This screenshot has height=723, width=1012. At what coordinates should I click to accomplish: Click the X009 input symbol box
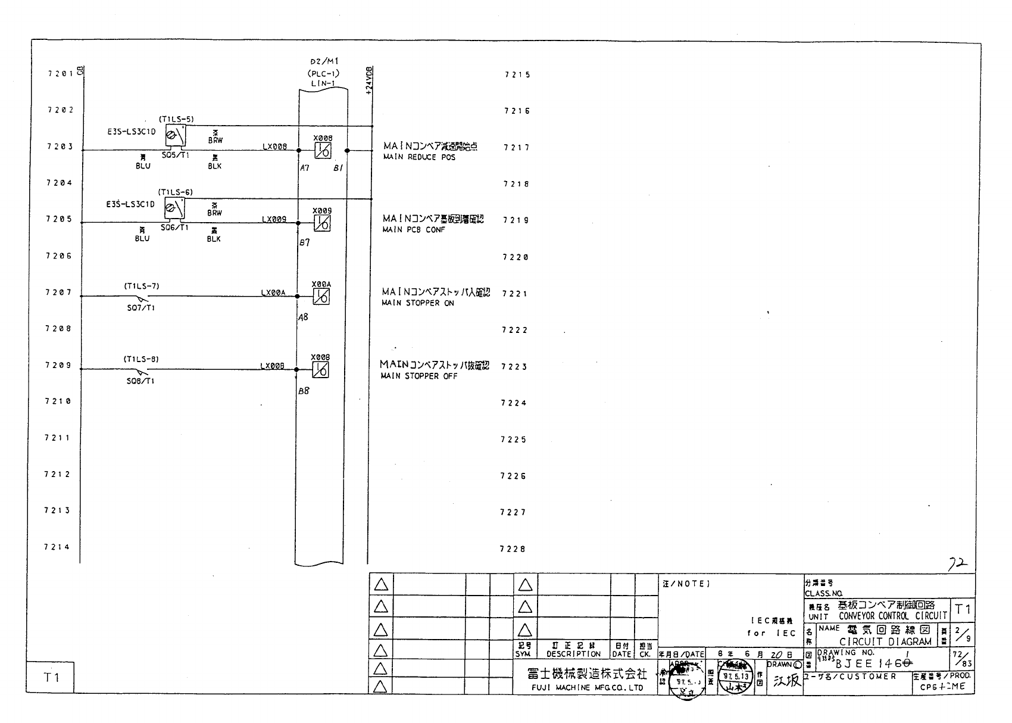pyautogui.click(x=322, y=223)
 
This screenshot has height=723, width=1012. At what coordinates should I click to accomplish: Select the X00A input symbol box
pyautogui.click(x=321, y=297)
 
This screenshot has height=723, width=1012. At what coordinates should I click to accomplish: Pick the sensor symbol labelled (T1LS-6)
pyautogui.click(x=175, y=208)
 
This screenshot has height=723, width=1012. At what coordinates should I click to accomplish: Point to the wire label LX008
pyautogui.click(x=274, y=147)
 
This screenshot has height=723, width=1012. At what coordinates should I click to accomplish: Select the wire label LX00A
pyautogui.click(x=273, y=293)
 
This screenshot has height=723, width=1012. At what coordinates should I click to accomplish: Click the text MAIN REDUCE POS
pyautogui.click(x=419, y=157)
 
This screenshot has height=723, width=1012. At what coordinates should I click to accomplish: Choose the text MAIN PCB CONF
pyautogui.click(x=413, y=230)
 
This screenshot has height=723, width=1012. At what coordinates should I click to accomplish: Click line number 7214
pyautogui.click(x=57, y=547)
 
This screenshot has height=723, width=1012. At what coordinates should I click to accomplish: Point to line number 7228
pyautogui.click(x=513, y=549)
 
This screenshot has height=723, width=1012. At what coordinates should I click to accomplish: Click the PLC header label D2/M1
pyautogui.click(x=324, y=62)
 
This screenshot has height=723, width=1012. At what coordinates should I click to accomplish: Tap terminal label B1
pyautogui.click(x=338, y=169)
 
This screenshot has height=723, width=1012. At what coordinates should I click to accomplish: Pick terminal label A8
pyautogui.click(x=304, y=317)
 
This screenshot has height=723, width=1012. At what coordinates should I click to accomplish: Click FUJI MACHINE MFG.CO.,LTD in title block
pyautogui.click(x=587, y=688)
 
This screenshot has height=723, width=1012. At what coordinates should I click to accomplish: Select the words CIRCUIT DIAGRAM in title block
pyautogui.click(x=885, y=642)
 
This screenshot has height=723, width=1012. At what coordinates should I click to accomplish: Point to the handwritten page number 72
pyautogui.click(x=958, y=565)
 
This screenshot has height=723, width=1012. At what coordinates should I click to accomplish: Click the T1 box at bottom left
pyautogui.click(x=52, y=678)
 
